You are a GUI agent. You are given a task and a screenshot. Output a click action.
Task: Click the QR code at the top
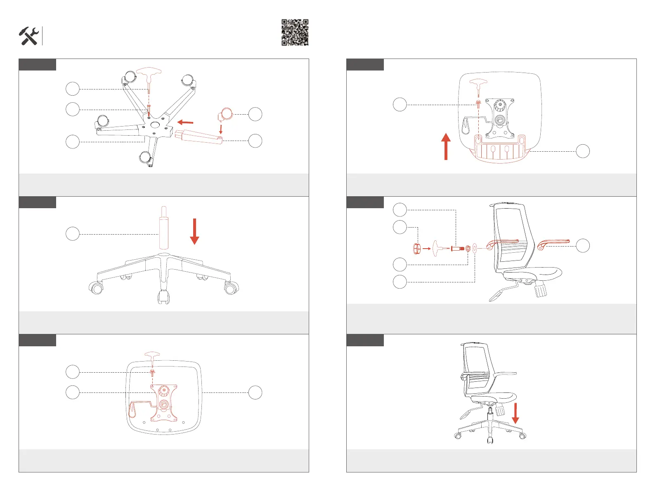295,32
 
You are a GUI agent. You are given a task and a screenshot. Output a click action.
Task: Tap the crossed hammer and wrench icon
28,36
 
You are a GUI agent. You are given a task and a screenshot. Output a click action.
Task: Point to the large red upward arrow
446,146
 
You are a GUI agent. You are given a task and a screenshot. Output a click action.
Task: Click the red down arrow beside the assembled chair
515,413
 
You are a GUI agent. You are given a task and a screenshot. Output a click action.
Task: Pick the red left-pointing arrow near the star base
185,122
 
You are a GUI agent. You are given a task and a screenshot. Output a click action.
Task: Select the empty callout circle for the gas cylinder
73,234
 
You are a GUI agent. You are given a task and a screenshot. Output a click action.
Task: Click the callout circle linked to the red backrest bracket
583,151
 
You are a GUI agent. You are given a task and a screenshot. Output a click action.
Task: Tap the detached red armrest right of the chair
553,243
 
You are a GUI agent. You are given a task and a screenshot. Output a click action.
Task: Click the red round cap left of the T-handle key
417,249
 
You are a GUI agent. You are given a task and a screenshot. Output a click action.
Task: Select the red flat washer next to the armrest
475,248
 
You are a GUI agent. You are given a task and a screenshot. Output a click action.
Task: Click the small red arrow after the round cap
427,249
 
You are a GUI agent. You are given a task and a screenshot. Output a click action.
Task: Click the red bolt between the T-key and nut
457,249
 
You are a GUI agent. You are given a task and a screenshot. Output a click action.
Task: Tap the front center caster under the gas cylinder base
164,297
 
